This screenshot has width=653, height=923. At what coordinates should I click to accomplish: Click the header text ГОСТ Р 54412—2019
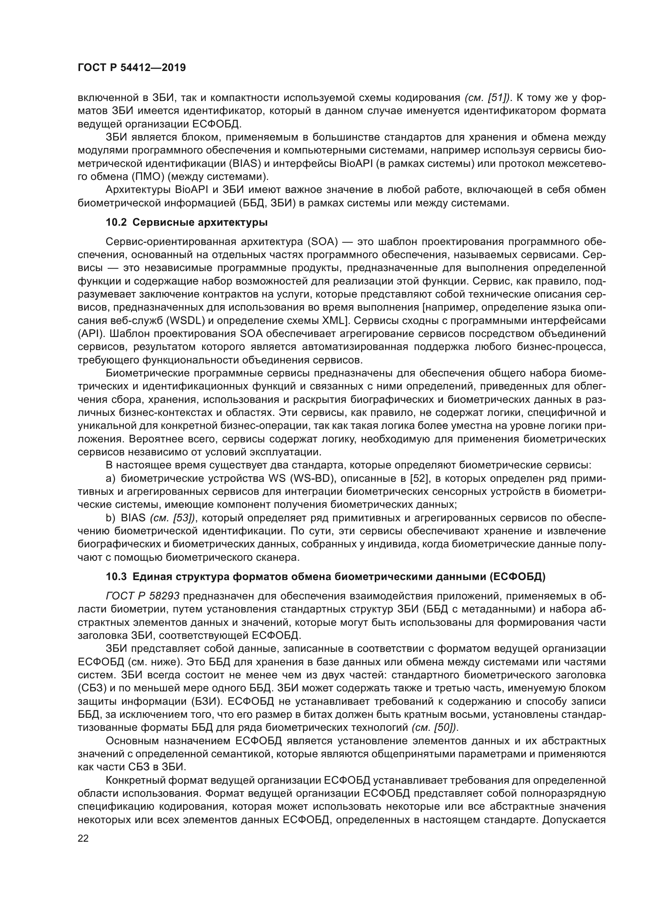pos(131,68)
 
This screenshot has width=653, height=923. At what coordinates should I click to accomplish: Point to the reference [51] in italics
pos(497,98)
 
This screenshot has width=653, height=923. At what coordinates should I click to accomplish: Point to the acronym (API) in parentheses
pos(91,334)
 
